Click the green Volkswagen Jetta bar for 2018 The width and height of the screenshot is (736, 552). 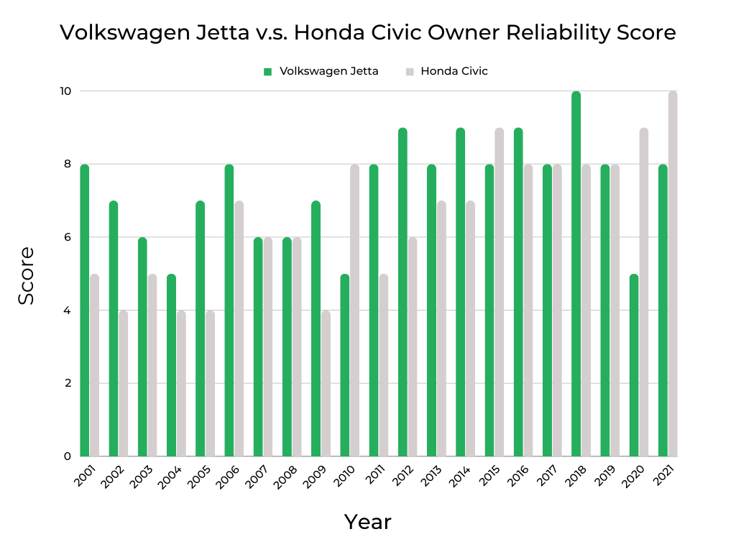pyautogui.click(x=576, y=274)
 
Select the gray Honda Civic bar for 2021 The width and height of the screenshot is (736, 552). pyautogui.click(x=673, y=274)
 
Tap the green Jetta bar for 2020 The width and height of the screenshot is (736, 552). pyautogui.click(x=634, y=365)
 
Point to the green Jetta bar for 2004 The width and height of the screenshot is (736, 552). pyautogui.click(x=171, y=365)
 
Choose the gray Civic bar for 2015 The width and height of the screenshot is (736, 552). pyautogui.click(x=499, y=292)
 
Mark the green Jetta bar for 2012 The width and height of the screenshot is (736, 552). pyautogui.click(x=402, y=292)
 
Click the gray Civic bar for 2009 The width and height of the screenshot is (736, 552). pyautogui.click(x=326, y=384)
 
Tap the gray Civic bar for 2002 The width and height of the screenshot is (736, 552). pyautogui.click(x=123, y=384)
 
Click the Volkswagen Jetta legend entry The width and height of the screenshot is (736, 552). pyautogui.click(x=328, y=71)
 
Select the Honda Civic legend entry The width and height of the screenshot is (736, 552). pyautogui.click(x=454, y=71)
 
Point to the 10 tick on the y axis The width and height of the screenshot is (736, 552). pyautogui.click(x=65, y=91)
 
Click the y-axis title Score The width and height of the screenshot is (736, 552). pyautogui.click(x=27, y=275)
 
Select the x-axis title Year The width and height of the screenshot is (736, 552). pyautogui.click(x=367, y=522)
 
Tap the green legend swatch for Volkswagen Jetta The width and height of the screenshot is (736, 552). pyautogui.click(x=267, y=71)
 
